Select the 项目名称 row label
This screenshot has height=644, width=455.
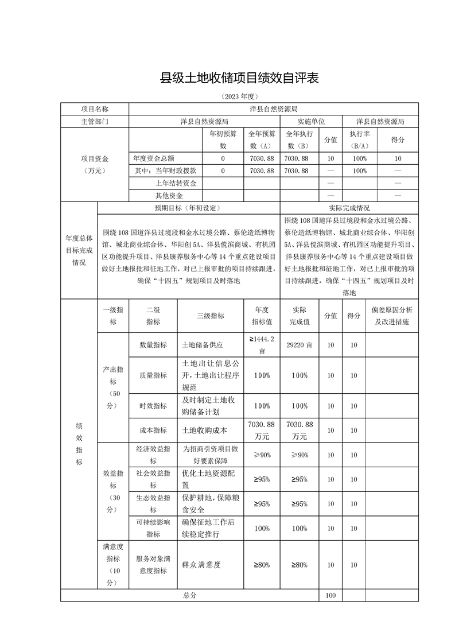coord(95,108)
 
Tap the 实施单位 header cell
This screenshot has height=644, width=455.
coord(311,122)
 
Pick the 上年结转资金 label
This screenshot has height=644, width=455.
coord(176,183)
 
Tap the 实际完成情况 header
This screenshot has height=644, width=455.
coord(349,208)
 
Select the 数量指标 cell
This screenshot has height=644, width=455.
coord(153,345)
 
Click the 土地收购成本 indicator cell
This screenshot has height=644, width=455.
coord(205,430)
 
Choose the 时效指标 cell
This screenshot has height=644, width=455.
coord(153,406)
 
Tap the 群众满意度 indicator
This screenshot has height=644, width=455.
coord(201,565)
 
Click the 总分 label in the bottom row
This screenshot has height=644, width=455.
coord(190,596)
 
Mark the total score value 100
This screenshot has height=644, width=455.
coord(330,596)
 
